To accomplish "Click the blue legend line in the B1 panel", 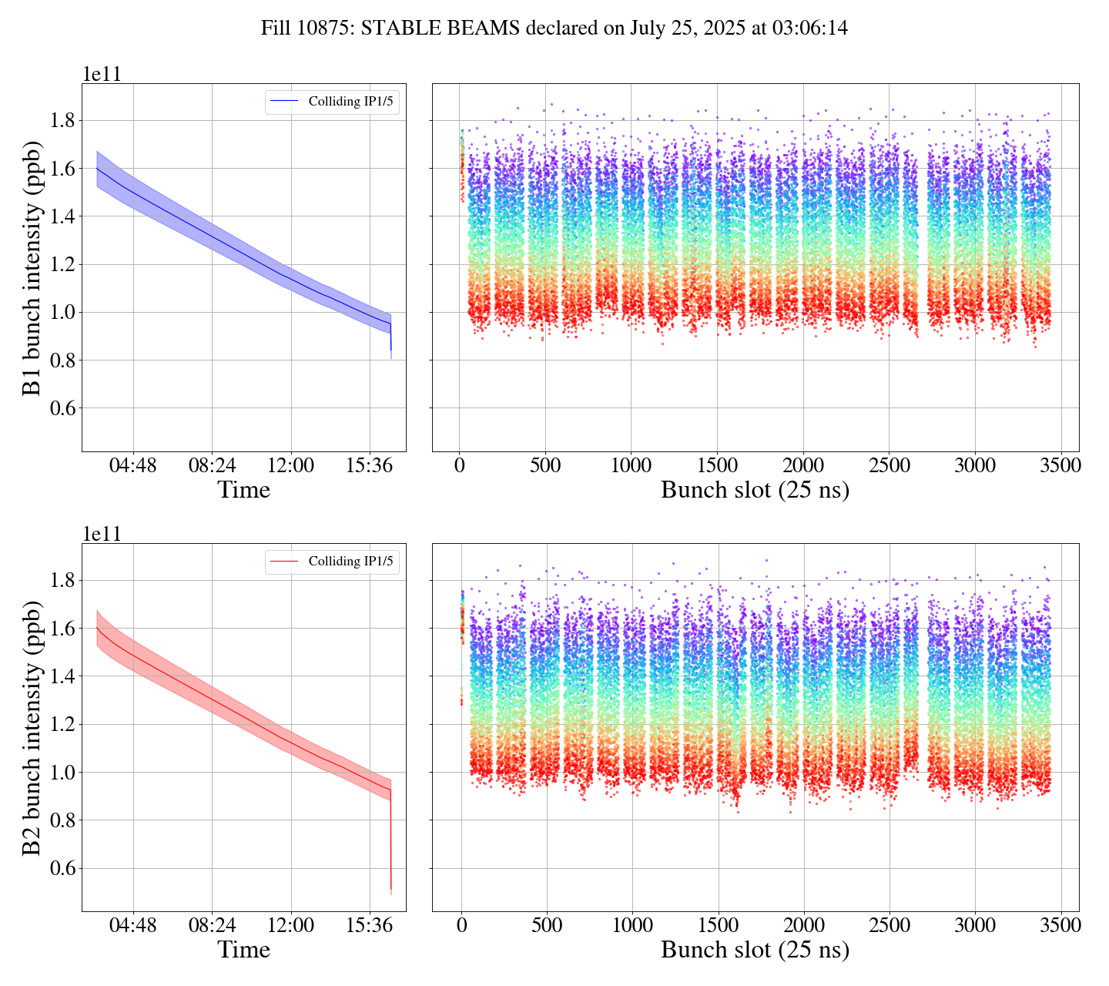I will coord(285,102).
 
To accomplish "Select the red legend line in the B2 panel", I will coord(285,562).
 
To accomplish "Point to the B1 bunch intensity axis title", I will coord(32,267).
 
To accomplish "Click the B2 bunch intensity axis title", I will coord(32,727).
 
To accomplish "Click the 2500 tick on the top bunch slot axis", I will coord(889,466).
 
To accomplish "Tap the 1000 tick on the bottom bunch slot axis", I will coord(632,925).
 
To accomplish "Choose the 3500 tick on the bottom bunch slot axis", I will coord(1060,925).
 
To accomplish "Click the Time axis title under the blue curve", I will coord(243,490).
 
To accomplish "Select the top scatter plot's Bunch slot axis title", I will coord(755,490).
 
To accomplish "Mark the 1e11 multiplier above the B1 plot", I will coord(102,74).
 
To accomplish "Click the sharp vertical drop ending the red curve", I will coord(390,840).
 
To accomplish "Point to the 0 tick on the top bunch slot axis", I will coord(460,466).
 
